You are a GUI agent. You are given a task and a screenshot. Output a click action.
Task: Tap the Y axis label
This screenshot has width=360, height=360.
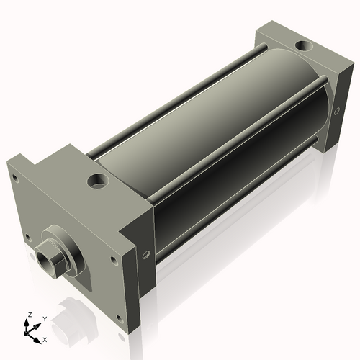tap(44, 318)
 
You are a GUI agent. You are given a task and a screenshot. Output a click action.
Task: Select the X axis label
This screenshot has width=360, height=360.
tap(45, 338)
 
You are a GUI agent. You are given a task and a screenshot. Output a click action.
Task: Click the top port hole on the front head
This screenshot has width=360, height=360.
tap(96, 180)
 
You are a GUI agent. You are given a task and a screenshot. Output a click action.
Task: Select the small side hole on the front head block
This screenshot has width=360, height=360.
tap(146, 253)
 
